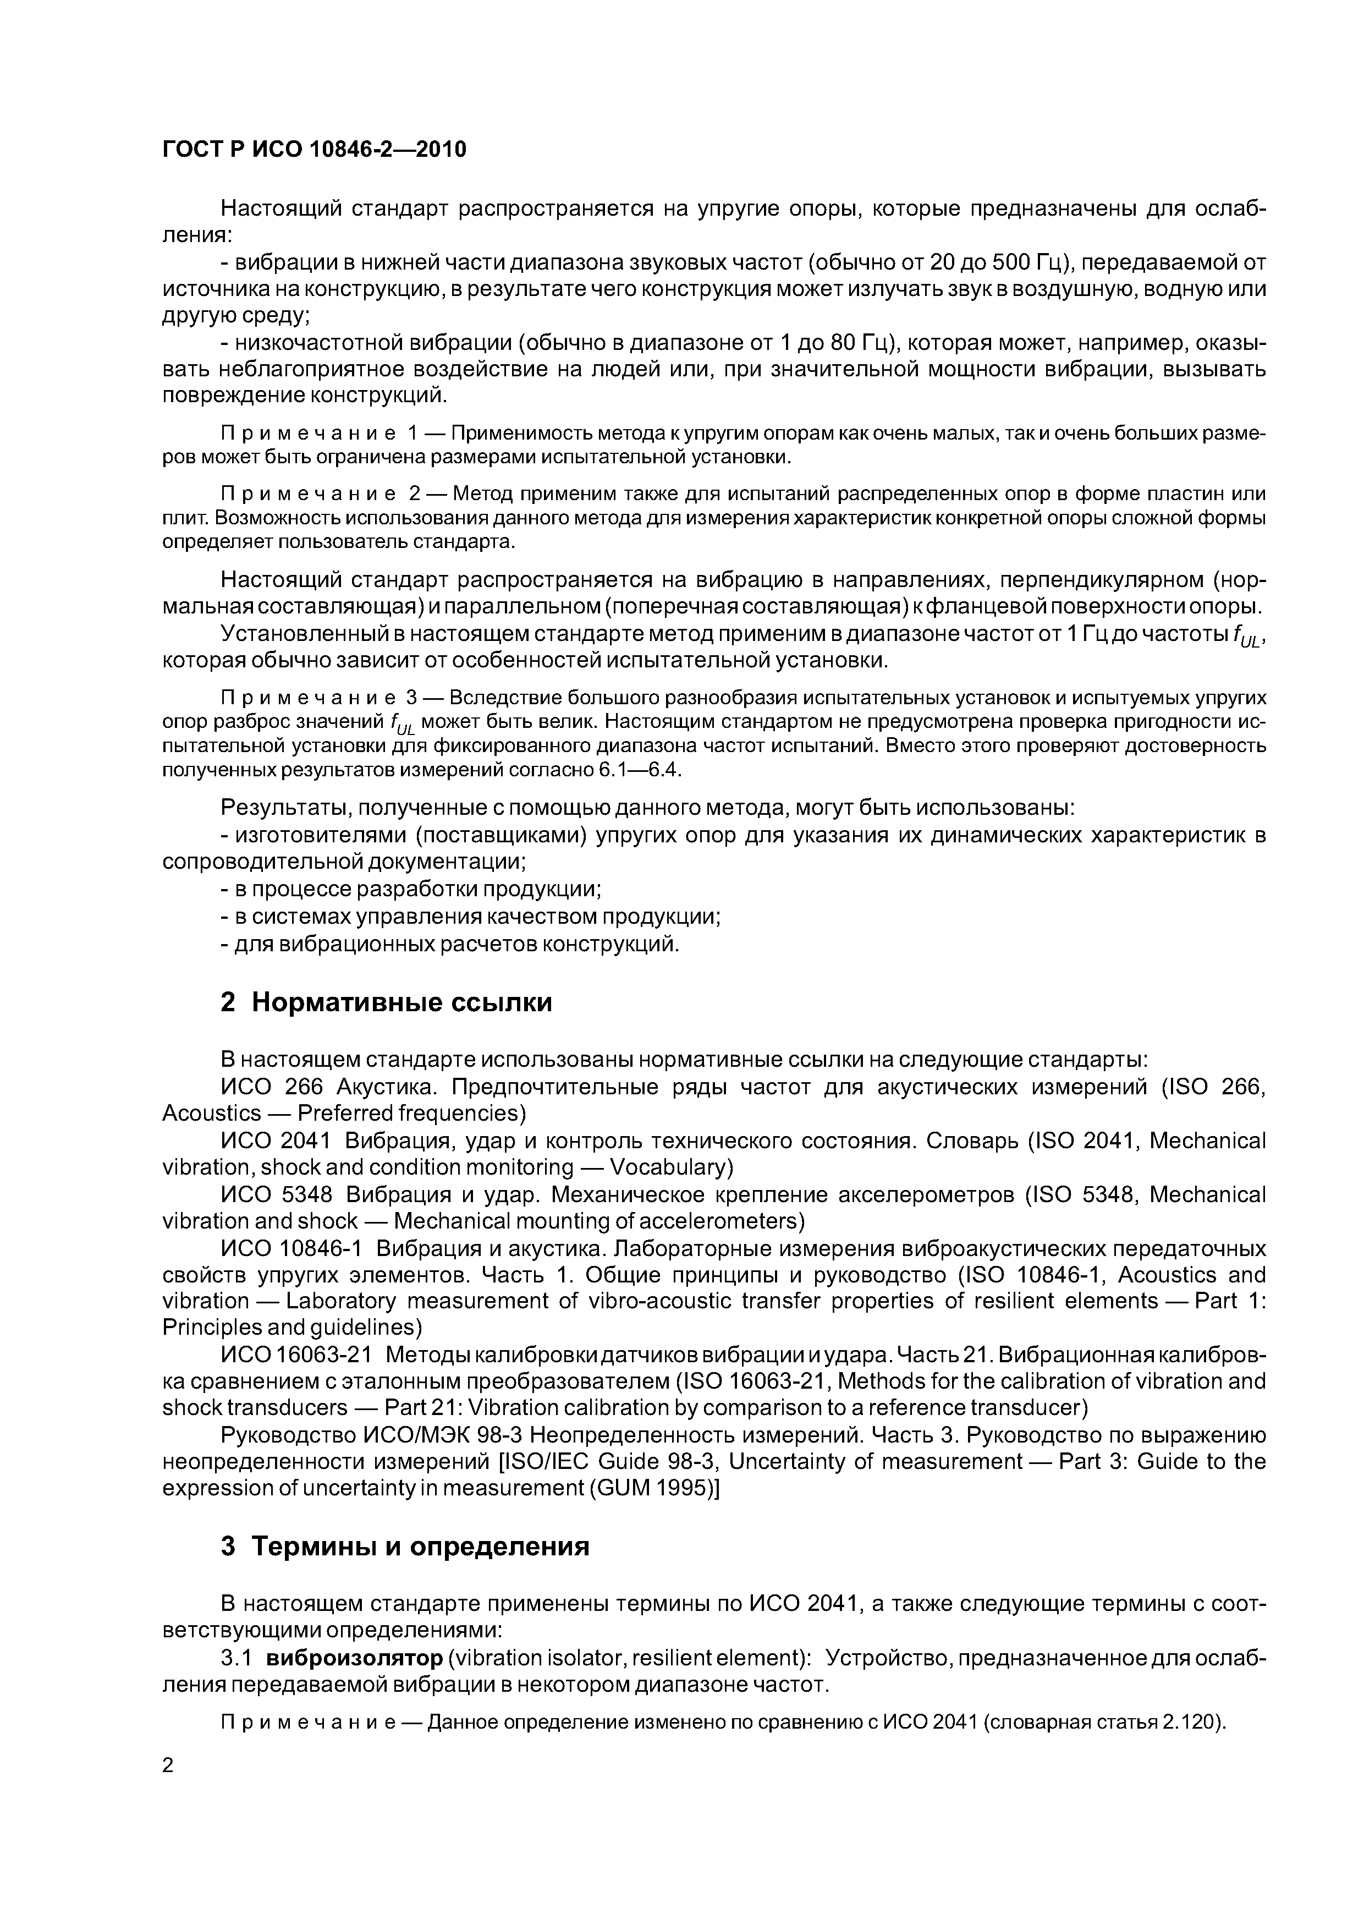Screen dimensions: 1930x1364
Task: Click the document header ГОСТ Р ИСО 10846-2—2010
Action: pos(313,150)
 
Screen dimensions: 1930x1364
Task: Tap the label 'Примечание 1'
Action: pos(320,434)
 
